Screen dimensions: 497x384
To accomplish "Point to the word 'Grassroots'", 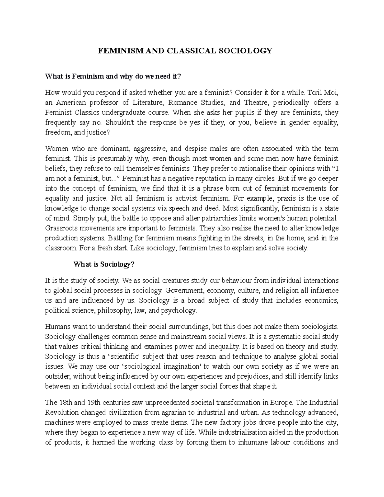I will tap(59, 228).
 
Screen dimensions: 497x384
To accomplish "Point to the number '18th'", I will tap(65, 402).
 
